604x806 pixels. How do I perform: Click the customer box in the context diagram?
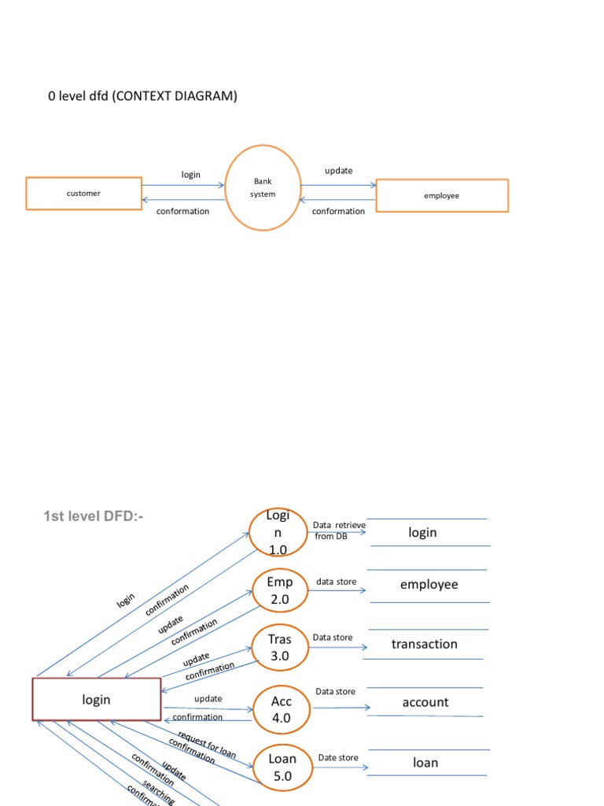(83, 194)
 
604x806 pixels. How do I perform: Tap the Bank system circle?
(263, 187)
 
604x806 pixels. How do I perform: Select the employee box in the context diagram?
(441, 196)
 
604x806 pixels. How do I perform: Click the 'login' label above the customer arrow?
(191, 175)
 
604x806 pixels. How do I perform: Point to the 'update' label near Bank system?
(339, 171)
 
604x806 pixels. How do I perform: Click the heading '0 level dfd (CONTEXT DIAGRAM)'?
(142, 97)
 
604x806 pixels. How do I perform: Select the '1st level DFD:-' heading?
(94, 516)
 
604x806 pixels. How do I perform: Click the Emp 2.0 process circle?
(280, 590)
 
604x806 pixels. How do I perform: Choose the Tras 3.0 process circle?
(280, 648)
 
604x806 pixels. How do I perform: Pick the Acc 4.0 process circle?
(282, 709)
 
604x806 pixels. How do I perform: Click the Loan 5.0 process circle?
(282, 767)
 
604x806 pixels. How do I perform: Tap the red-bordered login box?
(96, 699)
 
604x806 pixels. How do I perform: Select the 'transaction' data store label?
(424, 645)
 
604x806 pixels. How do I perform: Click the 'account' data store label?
(425, 702)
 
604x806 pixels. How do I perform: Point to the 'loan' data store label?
(425, 763)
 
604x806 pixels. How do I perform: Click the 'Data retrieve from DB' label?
(339, 531)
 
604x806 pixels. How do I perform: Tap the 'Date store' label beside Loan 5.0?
(338, 758)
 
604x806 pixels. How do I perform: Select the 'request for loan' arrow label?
(207, 743)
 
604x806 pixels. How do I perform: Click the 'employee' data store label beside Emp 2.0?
(429, 585)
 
